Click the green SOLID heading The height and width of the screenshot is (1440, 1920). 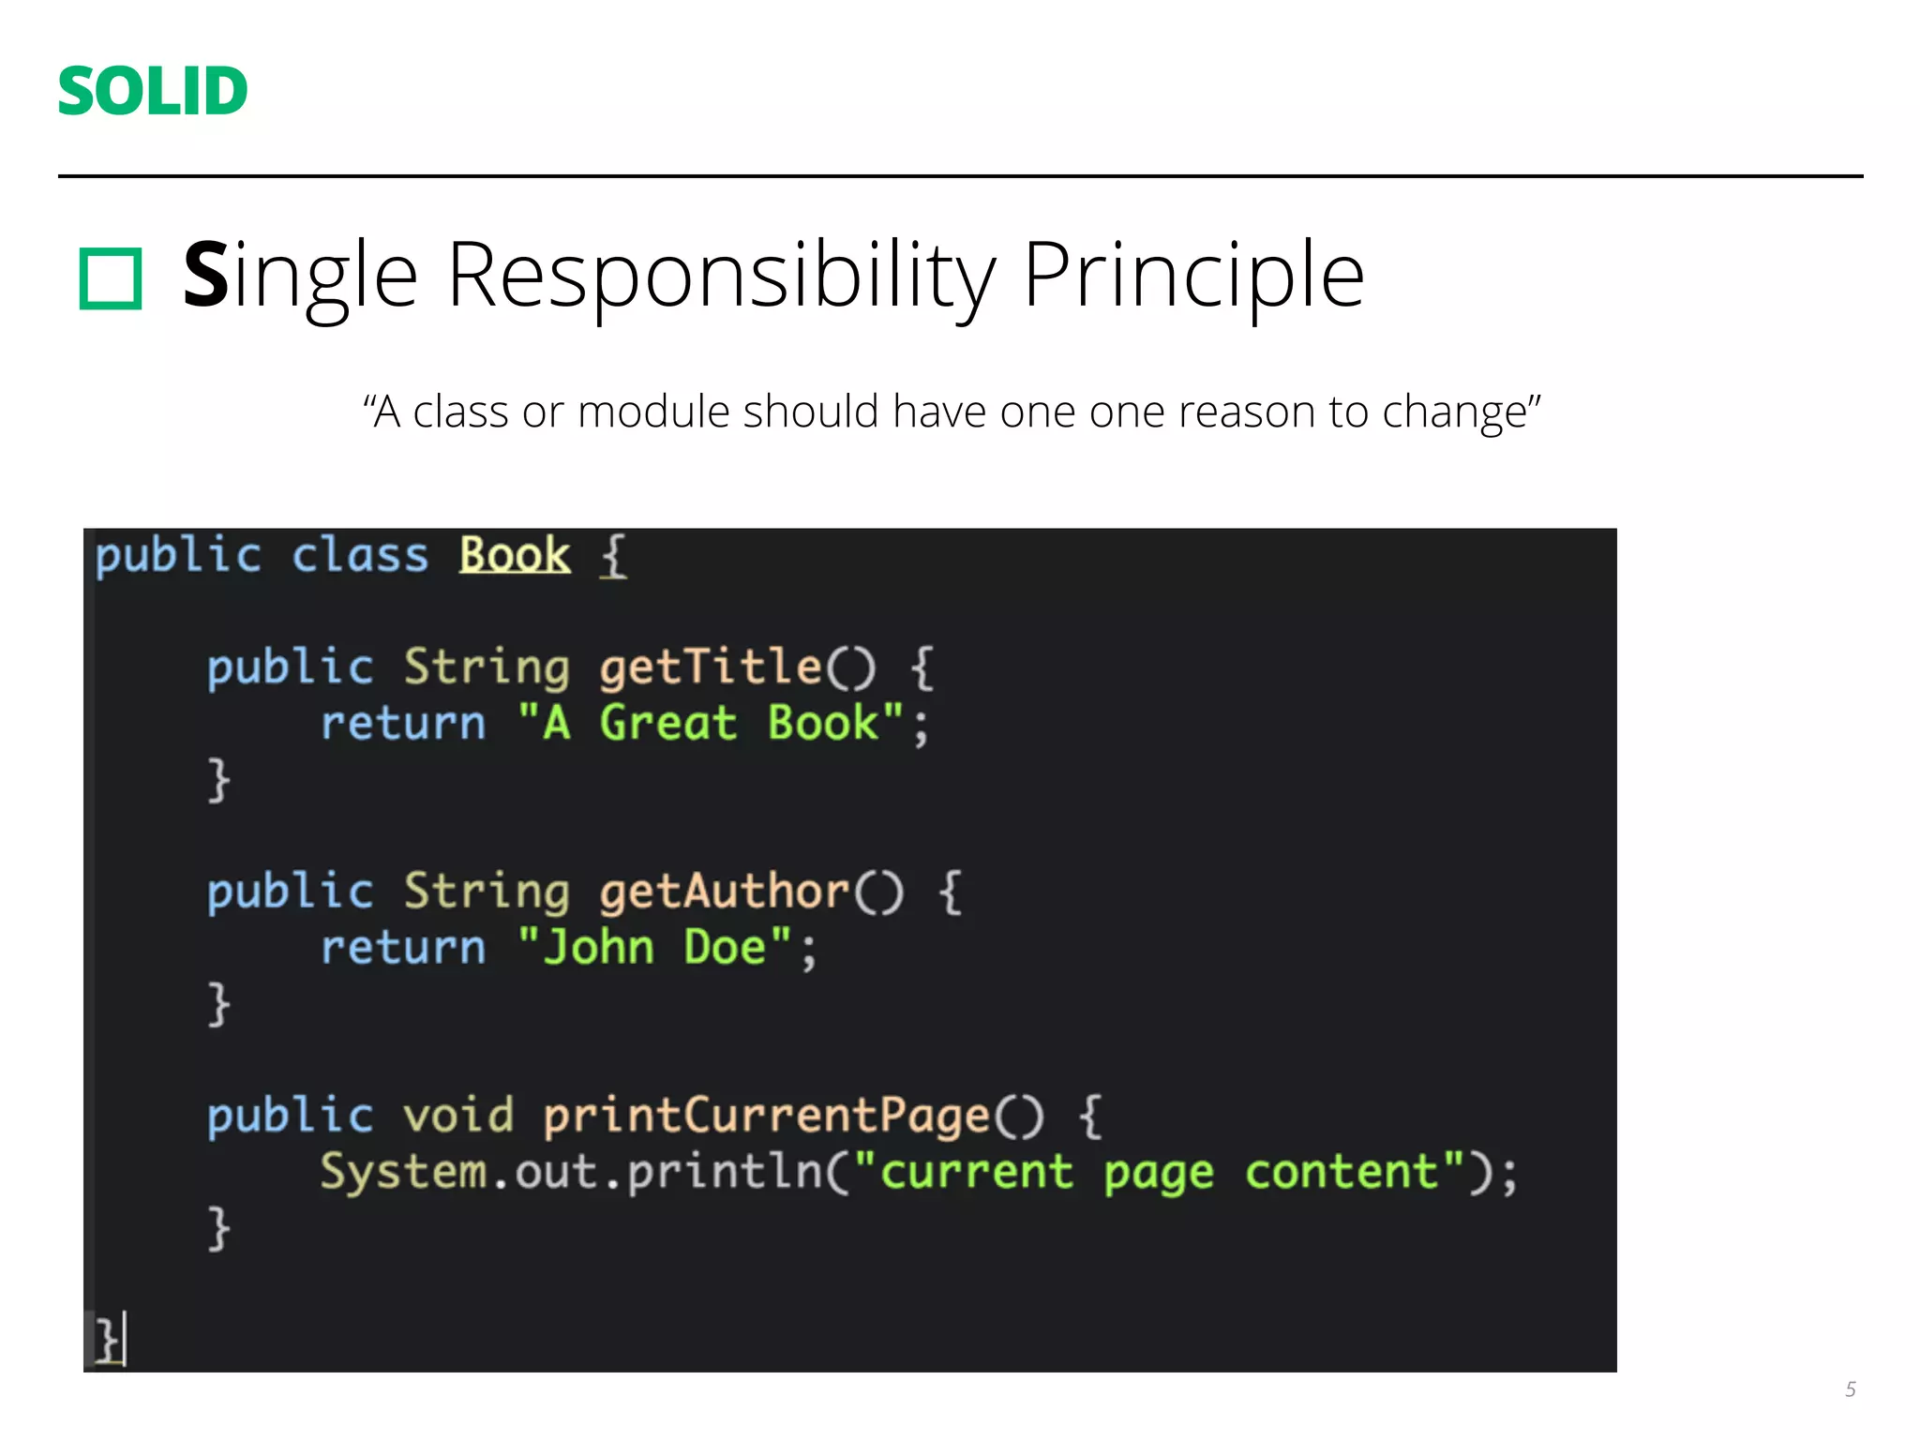tap(153, 91)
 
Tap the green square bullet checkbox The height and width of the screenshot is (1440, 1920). tap(111, 278)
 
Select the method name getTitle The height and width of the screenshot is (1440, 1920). tap(711, 667)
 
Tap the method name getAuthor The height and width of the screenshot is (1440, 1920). tap(724, 891)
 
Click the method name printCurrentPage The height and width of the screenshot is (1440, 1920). tap(766, 1116)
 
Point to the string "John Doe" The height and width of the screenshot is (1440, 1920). tap(654, 947)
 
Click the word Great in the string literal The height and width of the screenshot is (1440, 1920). tap(667, 723)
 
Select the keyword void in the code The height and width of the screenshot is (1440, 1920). tap(457, 1116)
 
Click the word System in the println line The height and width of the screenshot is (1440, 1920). tap(403, 1172)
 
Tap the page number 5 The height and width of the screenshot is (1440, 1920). tap(1850, 1389)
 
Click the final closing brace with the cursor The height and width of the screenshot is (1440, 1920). tap(108, 1340)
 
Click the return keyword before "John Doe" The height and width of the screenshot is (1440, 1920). tap(403, 947)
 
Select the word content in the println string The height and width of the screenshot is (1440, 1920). tap(1341, 1172)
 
